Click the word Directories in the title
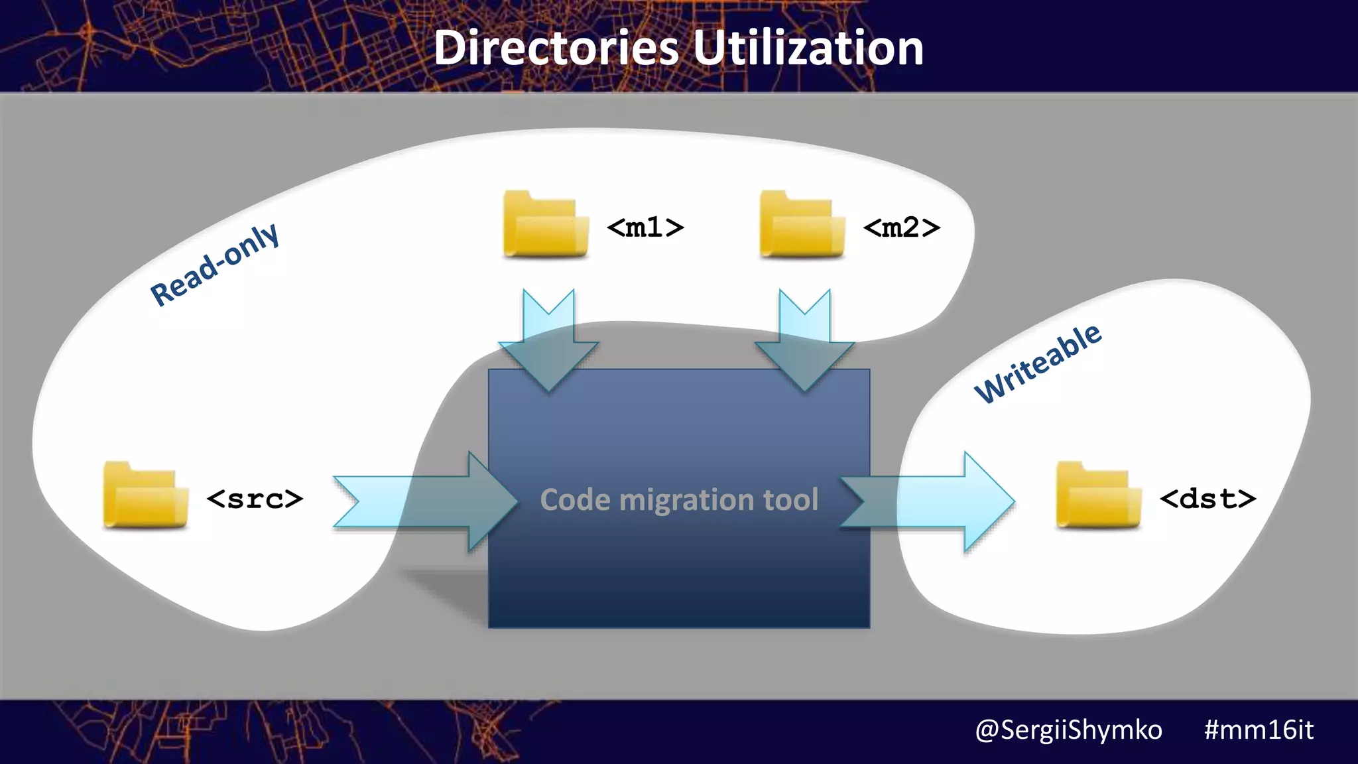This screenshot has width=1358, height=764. pyautogui.click(x=556, y=48)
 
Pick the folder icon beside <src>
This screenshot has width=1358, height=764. pyautogui.click(x=145, y=495)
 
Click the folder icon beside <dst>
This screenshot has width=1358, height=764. pyautogui.click(x=1098, y=495)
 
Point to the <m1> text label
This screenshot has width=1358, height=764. pyautogui.click(x=645, y=227)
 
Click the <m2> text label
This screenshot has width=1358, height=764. pyautogui.click(x=901, y=227)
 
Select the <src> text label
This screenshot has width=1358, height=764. pyautogui.click(x=255, y=498)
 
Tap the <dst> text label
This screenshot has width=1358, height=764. pyautogui.click(x=1207, y=498)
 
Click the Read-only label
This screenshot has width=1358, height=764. pyautogui.click(x=214, y=265)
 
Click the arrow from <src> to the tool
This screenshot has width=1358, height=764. pyautogui.click(x=424, y=501)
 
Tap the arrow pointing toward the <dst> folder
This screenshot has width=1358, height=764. pyautogui.click(x=928, y=501)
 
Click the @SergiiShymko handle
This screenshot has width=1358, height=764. pyautogui.click(x=1068, y=730)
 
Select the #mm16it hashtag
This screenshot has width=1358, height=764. pyautogui.click(x=1259, y=730)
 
